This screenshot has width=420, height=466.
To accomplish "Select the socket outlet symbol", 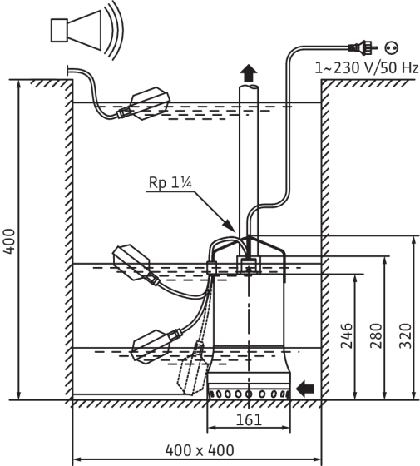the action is (391, 48).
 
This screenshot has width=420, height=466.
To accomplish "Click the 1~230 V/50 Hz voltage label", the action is (367, 67).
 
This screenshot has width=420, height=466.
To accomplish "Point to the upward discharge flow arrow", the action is (249, 73).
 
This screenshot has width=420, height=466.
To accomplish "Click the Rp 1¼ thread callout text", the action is (170, 182).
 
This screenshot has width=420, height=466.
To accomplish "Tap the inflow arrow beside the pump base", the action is (305, 389).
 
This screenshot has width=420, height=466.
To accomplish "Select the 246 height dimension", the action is (346, 335).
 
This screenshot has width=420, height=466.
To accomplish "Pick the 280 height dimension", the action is (376, 335).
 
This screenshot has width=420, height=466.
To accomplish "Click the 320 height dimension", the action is (405, 335).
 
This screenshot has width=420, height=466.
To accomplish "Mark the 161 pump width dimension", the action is (249, 420).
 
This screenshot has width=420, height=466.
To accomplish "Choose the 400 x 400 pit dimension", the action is (200, 450).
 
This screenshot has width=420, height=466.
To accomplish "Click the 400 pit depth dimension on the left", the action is (9, 241).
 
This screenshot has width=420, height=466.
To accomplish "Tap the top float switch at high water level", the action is (144, 104).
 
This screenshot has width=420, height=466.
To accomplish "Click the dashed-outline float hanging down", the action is (192, 369).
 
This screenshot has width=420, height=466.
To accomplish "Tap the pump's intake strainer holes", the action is (249, 394).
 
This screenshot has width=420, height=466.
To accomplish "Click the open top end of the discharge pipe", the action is (249, 87).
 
